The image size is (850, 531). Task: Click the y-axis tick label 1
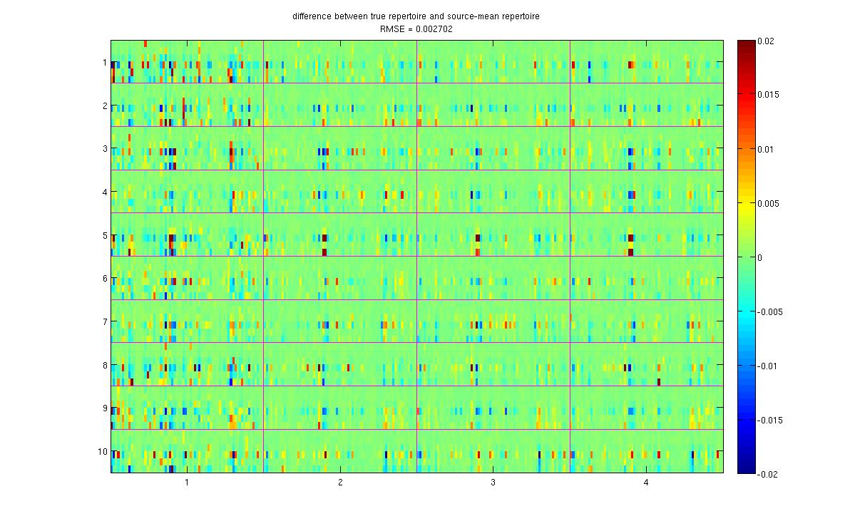pyautogui.click(x=104, y=63)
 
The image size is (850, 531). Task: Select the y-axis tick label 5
pyautogui.click(x=104, y=235)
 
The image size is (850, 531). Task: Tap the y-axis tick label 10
pyautogui.click(x=102, y=452)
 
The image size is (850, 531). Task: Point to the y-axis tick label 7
pyautogui.click(x=104, y=322)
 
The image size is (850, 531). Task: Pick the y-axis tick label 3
pyautogui.click(x=104, y=149)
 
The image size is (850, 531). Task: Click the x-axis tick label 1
pyautogui.click(x=187, y=483)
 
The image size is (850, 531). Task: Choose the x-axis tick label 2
pyautogui.click(x=340, y=483)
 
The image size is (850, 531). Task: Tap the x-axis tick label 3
pyautogui.click(x=493, y=483)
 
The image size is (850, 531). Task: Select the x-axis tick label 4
pyautogui.click(x=646, y=483)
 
